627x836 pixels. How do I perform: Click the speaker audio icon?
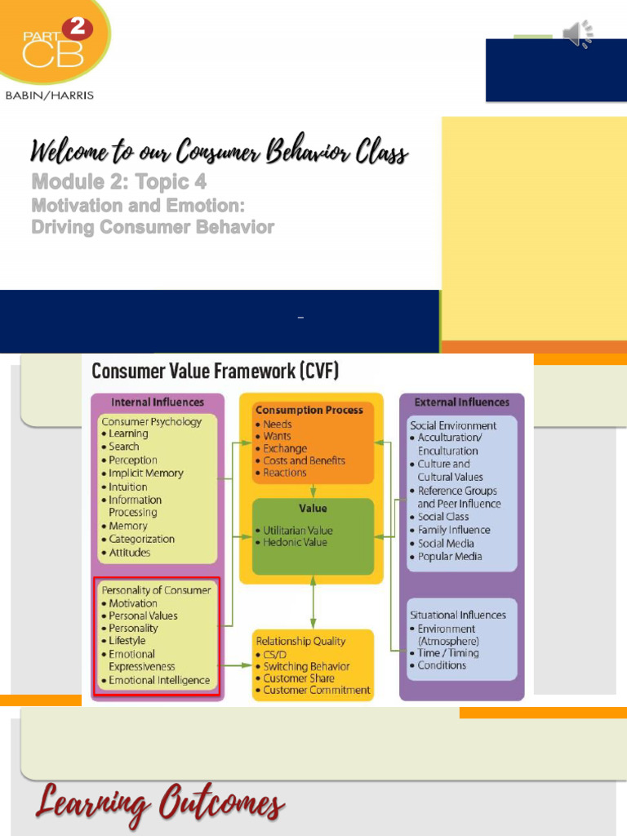578,33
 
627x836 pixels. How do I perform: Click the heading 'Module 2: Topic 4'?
118,181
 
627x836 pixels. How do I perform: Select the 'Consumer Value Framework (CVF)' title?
215,371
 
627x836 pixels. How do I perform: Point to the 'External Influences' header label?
461,402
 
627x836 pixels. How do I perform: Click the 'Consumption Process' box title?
309,410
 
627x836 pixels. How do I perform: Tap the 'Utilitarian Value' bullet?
297,530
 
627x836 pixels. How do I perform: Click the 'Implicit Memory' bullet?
146,473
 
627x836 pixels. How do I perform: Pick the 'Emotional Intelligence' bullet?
159,680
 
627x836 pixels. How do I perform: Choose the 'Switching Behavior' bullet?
306,666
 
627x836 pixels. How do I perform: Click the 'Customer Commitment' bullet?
316,691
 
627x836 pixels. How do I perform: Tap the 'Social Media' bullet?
446,543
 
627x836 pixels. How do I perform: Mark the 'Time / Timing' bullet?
447,653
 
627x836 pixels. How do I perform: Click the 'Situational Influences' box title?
458,615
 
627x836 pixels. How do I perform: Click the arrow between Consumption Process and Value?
313,491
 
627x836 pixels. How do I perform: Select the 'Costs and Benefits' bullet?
304,460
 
